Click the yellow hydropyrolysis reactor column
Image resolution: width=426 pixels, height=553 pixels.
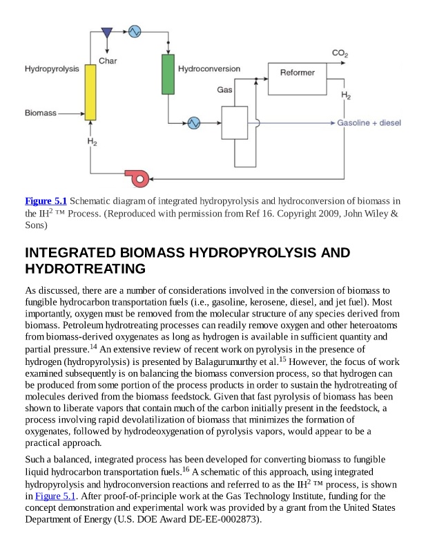pos(90,92)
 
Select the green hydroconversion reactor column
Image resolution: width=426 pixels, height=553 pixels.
pos(168,74)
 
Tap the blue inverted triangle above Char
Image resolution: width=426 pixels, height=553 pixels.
pos(107,32)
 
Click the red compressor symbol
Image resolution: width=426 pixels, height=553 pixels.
pos(139,179)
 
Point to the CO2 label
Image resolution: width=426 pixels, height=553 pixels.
pos(340,53)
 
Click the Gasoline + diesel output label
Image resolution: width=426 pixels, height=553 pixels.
pos(369,123)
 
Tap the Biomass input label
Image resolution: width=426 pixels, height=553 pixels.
pos(40,113)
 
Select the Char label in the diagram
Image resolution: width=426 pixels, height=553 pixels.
pos(108,62)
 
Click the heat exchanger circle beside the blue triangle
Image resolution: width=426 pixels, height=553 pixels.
pos(134,31)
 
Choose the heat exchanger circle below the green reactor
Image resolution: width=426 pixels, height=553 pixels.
pos(193,122)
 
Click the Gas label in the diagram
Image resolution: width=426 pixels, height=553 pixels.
pos(225,90)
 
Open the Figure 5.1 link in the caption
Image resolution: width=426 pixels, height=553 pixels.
pos(46,201)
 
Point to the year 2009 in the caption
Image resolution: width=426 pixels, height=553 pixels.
pos(332,214)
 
